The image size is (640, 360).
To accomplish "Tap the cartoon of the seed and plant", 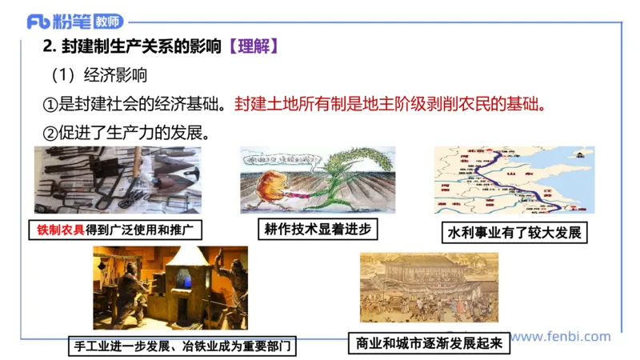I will click(x=318, y=179).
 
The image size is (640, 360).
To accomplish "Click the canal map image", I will click(x=514, y=179).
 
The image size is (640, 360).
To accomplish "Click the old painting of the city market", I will click(x=429, y=287).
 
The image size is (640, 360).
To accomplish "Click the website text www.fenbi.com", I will click(x=560, y=337).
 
